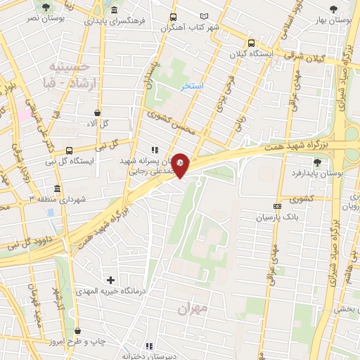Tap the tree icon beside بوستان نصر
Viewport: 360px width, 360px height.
coord(46,7)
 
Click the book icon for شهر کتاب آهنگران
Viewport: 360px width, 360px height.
coord(205,16)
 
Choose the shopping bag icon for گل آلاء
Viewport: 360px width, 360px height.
coord(96,112)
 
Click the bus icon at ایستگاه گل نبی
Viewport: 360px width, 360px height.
coord(69,150)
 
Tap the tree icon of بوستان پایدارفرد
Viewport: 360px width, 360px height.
coord(316,162)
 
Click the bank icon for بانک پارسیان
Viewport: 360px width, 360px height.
coord(278,206)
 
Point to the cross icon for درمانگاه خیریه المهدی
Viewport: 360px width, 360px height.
coord(110,280)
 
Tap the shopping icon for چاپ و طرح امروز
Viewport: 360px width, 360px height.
coord(77,330)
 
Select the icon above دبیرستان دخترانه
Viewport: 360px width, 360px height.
coord(148,346)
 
